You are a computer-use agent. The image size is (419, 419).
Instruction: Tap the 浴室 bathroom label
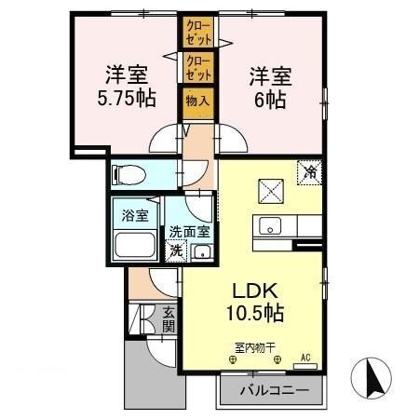135,216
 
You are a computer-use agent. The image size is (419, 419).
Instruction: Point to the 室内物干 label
254,347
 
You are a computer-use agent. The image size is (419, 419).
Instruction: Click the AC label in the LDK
305,356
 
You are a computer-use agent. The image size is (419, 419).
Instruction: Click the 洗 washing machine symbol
175,250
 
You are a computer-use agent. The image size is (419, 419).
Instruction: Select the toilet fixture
129,174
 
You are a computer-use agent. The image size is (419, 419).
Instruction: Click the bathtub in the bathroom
135,247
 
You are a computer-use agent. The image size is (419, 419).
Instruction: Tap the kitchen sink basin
268,226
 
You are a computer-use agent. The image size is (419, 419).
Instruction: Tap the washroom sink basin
200,250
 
